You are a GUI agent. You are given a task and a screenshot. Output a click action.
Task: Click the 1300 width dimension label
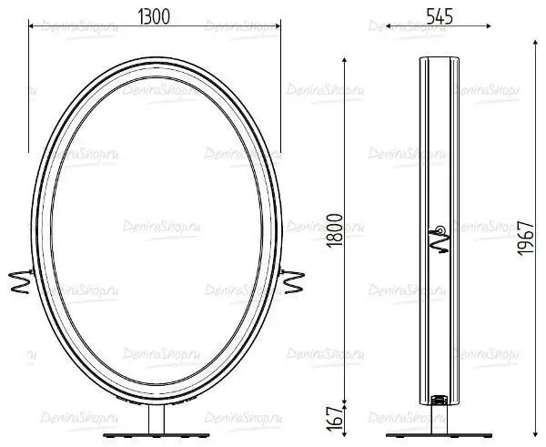click(x=154, y=16)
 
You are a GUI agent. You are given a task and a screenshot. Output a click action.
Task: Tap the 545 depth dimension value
click(x=440, y=16)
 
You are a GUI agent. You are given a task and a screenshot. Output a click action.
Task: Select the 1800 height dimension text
click(x=335, y=230)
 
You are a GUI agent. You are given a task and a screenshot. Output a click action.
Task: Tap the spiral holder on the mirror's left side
click(x=20, y=281)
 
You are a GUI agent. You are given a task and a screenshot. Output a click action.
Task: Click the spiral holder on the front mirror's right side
click(x=292, y=281)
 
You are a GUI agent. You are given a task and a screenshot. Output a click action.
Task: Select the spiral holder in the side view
click(x=439, y=239)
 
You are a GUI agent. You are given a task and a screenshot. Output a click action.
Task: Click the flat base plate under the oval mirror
click(x=157, y=435)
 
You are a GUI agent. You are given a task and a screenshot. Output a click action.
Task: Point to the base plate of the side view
click(x=440, y=435)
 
